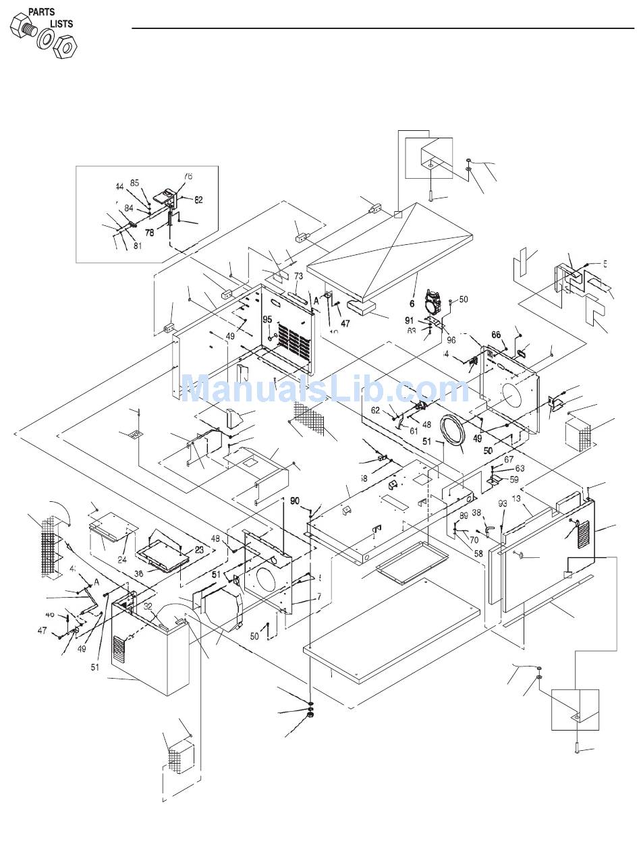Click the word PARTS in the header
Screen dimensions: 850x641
tap(41, 11)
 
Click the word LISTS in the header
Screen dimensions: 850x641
tap(61, 24)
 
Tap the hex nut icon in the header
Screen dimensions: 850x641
tap(67, 47)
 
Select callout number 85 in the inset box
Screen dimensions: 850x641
tap(134, 183)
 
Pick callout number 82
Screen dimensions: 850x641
tap(198, 200)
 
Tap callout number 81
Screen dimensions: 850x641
tap(137, 246)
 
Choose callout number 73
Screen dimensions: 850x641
tap(298, 276)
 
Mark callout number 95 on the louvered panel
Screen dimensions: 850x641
tap(267, 319)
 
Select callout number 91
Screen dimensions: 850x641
tap(410, 320)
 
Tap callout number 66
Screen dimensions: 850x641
tap(496, 335)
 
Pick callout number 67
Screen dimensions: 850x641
tap(518, 459)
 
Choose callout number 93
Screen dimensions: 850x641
tap(502, 503)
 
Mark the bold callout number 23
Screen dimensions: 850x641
tap(199, 550)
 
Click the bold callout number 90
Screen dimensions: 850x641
tap(295, 501)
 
